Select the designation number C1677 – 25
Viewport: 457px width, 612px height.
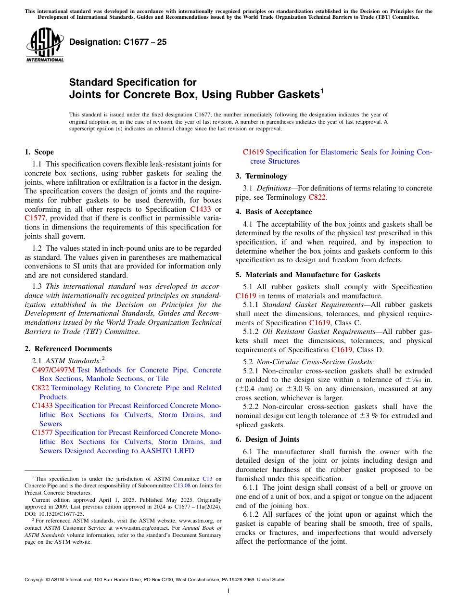(118, 42)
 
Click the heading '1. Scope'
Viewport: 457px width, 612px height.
(39, 152)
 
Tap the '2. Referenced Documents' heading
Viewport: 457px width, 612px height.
(68, 349)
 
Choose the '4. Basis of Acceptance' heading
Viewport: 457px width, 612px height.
(274, 212)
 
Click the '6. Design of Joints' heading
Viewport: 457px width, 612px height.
(267, 439)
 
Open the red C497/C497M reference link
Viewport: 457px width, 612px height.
(53, 370)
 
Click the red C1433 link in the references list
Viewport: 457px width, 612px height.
(42, 406)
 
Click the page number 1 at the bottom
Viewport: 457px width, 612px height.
(228, 591)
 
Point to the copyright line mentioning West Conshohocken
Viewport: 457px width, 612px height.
(154, 580)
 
